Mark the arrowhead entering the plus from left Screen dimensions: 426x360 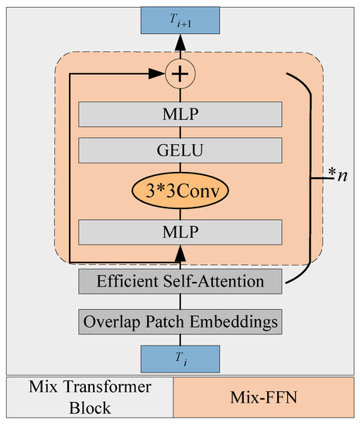163,75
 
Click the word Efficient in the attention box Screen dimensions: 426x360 126,283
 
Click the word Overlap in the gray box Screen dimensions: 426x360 114,320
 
